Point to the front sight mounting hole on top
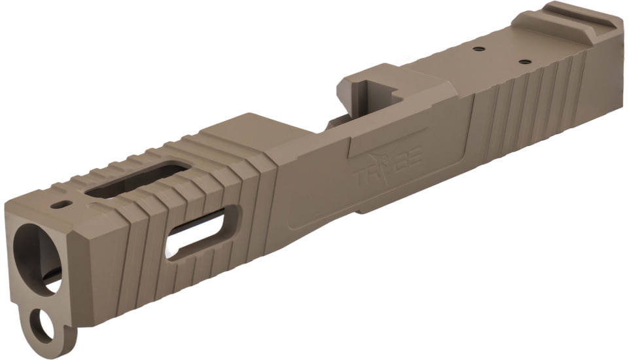coord(63,204)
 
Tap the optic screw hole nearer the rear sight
coord(524,62)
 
